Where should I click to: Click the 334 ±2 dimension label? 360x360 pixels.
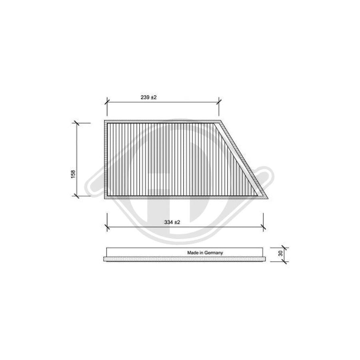coord(173,222)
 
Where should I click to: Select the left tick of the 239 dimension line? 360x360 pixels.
coord(107,103)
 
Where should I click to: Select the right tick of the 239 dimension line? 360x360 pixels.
coord(219,103)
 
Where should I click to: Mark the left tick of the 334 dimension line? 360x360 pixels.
coord(107,228)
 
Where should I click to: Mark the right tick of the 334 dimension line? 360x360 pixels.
coord(263,228)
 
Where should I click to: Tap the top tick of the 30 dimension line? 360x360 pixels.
coord(284,248)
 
